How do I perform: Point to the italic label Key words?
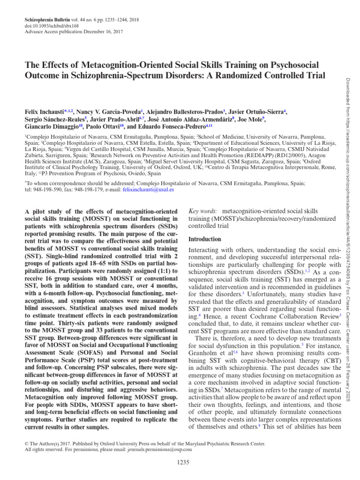coord(202,211)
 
